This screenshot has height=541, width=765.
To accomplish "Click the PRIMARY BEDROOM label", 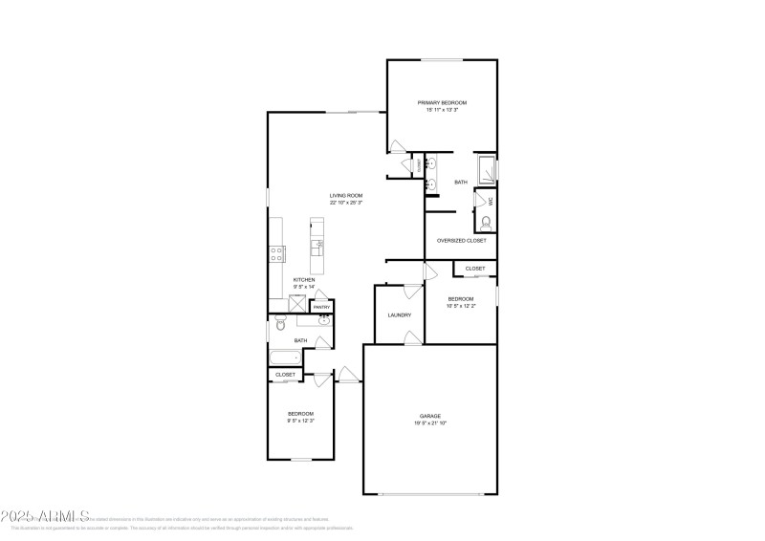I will click(x=441, y=102).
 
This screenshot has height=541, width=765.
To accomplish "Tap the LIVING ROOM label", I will click(x=346, y=195).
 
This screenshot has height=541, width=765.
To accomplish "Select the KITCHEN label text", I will click(x=304, y=280).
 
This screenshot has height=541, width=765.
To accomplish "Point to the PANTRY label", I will click(x=321, y=307).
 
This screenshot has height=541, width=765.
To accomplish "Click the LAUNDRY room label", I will click(x=399, y=314).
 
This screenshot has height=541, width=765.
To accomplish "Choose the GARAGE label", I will click(x=429, y=416).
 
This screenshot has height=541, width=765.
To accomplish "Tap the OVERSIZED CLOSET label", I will click(x=461, y=241).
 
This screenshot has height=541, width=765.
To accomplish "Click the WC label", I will click(x=491, y=201).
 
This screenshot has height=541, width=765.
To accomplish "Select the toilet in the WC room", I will click(x=486, y=222).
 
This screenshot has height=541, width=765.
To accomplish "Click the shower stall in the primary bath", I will click(x=486, y=165).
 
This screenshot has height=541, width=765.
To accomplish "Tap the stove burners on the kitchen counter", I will click(x=276, y=254).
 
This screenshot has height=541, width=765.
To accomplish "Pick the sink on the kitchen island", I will click(x=317, y=246).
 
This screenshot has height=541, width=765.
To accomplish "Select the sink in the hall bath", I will click(x=323, y=321).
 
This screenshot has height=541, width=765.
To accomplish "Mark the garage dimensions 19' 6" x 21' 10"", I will click(x=429, y=422).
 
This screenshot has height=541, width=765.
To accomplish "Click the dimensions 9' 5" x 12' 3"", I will click(x=300, y=421).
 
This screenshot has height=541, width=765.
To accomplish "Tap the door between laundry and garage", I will click(x=409, y=337).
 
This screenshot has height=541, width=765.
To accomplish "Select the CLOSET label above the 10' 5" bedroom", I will click(x=475, y=270).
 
